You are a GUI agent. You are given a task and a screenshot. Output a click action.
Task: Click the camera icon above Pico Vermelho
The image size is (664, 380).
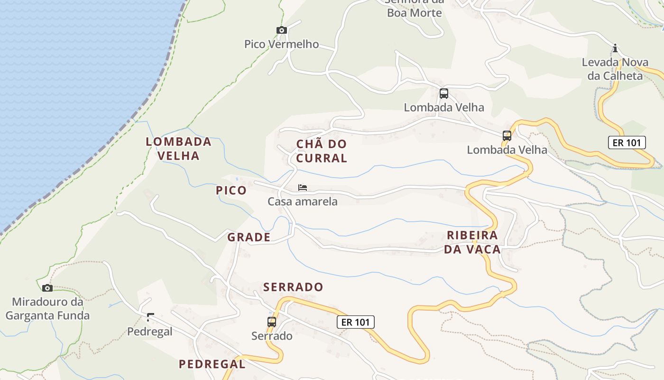(282, 30)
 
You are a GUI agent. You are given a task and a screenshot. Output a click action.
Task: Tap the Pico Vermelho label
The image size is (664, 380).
(282, 44)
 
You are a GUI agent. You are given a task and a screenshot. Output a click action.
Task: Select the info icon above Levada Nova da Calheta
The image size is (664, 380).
(615, 48)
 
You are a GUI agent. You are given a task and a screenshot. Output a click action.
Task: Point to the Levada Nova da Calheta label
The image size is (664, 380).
(615, 69)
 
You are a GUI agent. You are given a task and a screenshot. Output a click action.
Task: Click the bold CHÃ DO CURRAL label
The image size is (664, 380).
(322, 151)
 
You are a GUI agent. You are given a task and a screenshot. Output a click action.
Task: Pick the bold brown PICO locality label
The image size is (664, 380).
(231, 190)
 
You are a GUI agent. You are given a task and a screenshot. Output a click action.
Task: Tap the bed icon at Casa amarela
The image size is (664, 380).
(302, 188)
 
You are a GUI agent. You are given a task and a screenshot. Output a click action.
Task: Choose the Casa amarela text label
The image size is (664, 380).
(303, 201)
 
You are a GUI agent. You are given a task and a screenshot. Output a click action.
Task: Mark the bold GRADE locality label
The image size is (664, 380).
(249, 237)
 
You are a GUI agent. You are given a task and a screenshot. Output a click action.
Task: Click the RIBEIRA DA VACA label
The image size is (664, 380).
(472, 242)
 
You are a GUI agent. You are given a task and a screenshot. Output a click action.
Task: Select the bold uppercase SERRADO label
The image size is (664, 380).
(293, 287)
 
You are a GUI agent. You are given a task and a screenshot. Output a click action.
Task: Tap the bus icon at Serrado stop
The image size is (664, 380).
(272, 322)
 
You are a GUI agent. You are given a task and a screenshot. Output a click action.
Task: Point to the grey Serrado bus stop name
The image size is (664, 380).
(272, 336)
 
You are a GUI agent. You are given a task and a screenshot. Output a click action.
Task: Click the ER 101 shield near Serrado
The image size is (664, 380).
(356, 322)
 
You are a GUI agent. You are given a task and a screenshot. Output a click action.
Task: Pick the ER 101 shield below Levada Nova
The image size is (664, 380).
(627, 142)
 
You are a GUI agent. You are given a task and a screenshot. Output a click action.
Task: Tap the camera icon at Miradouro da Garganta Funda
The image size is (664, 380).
(47, 288)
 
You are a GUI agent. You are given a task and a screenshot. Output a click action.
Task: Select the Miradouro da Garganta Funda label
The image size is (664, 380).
(47, 308)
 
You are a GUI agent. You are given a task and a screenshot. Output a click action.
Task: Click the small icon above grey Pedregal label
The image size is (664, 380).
(151, 317)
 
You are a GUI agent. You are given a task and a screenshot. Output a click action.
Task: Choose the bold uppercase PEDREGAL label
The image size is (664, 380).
(212, 364)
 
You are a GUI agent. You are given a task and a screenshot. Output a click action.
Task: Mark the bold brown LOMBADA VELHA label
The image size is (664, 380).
(178, 148)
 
